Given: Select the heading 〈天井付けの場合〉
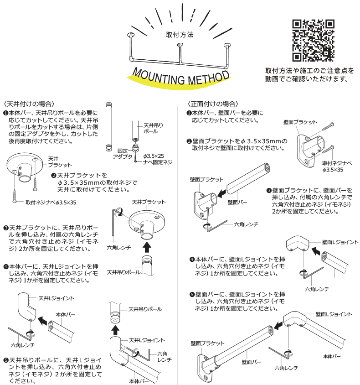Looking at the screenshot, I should [x=29, y=104].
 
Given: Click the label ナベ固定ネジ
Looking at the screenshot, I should [x=158, y=162].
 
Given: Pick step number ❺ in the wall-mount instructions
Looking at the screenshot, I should [x=192, y=294].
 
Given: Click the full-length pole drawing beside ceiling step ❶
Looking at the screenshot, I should [x=109, y=128].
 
